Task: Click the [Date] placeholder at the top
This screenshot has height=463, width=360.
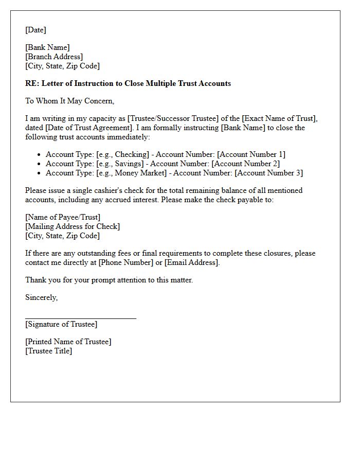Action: tap(36, 30)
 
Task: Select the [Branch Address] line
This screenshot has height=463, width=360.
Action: tap(54, 57)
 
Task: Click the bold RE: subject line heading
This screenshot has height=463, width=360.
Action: tap(128, 83)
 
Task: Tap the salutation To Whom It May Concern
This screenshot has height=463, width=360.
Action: tap(70, 101)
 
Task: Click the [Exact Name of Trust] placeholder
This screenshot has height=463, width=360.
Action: tap(280, 118)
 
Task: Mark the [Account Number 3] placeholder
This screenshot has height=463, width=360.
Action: tap(269, 173)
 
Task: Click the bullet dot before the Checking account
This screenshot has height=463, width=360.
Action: tap(39, 154)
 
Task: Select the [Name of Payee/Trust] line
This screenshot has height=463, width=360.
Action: tap(63, 217)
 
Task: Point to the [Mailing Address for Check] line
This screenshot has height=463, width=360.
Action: tap(73, 226)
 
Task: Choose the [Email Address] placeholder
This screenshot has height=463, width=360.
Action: tap(192, 262)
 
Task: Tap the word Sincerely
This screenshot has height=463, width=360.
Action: tap(41, 297)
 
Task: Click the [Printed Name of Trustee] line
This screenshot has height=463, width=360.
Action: tap(68, 342)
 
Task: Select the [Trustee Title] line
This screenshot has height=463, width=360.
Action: tap(49, 351)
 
